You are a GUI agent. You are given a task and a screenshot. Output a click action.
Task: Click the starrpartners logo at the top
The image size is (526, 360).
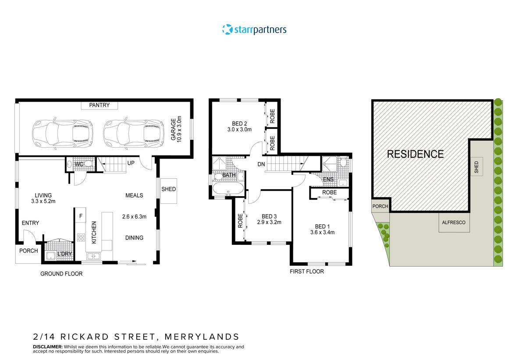254,30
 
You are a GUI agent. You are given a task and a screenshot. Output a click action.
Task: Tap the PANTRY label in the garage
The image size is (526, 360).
100,105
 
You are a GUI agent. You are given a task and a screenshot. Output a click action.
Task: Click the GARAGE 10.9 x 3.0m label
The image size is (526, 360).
176,129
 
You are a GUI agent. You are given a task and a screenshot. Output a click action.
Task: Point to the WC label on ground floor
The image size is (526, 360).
79,164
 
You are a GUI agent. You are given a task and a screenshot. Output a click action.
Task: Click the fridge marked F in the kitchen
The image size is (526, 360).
81,215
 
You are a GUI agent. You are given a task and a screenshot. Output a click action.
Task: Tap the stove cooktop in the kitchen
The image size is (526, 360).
81,238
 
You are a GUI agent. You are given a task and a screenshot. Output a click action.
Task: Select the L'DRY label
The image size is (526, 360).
64,254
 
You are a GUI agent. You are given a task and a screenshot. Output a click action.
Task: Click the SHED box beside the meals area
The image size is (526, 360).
169,190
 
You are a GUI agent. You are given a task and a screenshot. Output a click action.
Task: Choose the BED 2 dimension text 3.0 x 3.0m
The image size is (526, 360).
239,130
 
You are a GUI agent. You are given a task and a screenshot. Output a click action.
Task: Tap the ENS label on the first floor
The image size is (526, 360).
328,179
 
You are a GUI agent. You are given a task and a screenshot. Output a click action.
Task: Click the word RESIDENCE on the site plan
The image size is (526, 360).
415,154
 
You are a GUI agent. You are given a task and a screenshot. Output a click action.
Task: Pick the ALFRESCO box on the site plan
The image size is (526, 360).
454,222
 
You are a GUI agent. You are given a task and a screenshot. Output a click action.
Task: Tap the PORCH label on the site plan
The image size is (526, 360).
380,206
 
